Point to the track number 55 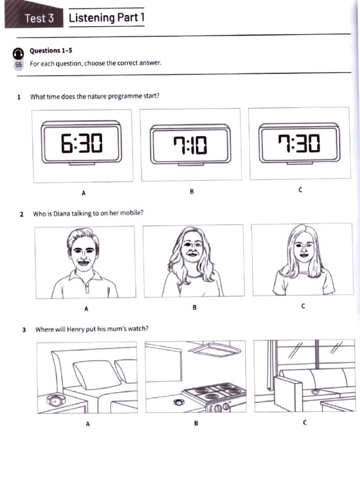pos(18,65)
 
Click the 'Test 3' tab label pos(39,18)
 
